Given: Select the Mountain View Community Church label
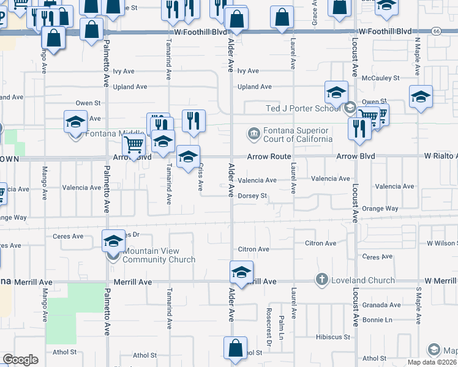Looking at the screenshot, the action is point(159,255).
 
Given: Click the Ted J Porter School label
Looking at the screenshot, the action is point(302,109).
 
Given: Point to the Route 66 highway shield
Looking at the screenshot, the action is point(436,30).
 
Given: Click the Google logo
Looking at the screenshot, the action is point(20,360).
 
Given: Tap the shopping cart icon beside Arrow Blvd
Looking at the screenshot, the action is point(133,146).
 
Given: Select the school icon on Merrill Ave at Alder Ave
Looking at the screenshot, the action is point(241,272).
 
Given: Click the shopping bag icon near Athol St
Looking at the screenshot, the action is point(236,348).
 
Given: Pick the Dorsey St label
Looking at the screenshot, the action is point(253,196).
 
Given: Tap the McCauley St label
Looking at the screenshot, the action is point(380,78).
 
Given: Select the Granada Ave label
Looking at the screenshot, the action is point(381,305).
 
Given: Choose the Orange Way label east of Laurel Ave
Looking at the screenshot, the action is point(380,209).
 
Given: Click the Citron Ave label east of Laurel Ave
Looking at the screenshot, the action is point(320,243).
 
